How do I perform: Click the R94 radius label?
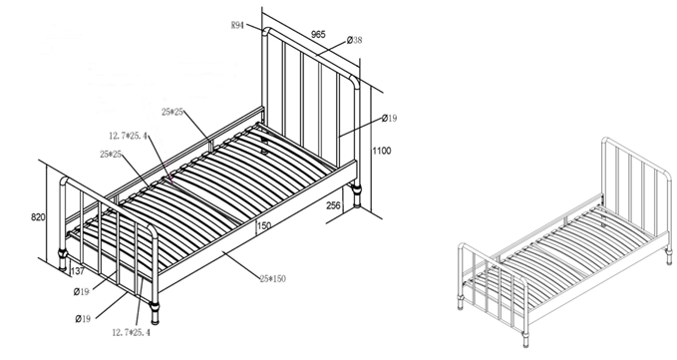(237, 26)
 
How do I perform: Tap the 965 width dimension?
(318, 34)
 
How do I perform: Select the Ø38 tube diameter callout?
(355, 40)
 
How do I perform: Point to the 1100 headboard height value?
(382, 151)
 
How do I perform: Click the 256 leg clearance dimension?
(333, 205)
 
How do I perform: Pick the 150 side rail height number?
(264, 225)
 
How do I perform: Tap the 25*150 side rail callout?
(273, 279)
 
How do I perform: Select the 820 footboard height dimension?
(38, 217)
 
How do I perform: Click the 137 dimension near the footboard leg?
(78, 271)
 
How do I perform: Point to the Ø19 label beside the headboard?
(389, 119)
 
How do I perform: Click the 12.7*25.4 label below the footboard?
(132, 332)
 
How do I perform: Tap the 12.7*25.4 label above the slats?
(128, 137)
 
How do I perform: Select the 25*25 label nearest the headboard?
(172, 113)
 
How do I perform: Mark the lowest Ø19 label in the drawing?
(83, 319)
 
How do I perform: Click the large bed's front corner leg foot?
(155, 314)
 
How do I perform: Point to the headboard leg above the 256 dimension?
(357, 195)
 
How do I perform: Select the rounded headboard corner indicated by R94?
(267, 31)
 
